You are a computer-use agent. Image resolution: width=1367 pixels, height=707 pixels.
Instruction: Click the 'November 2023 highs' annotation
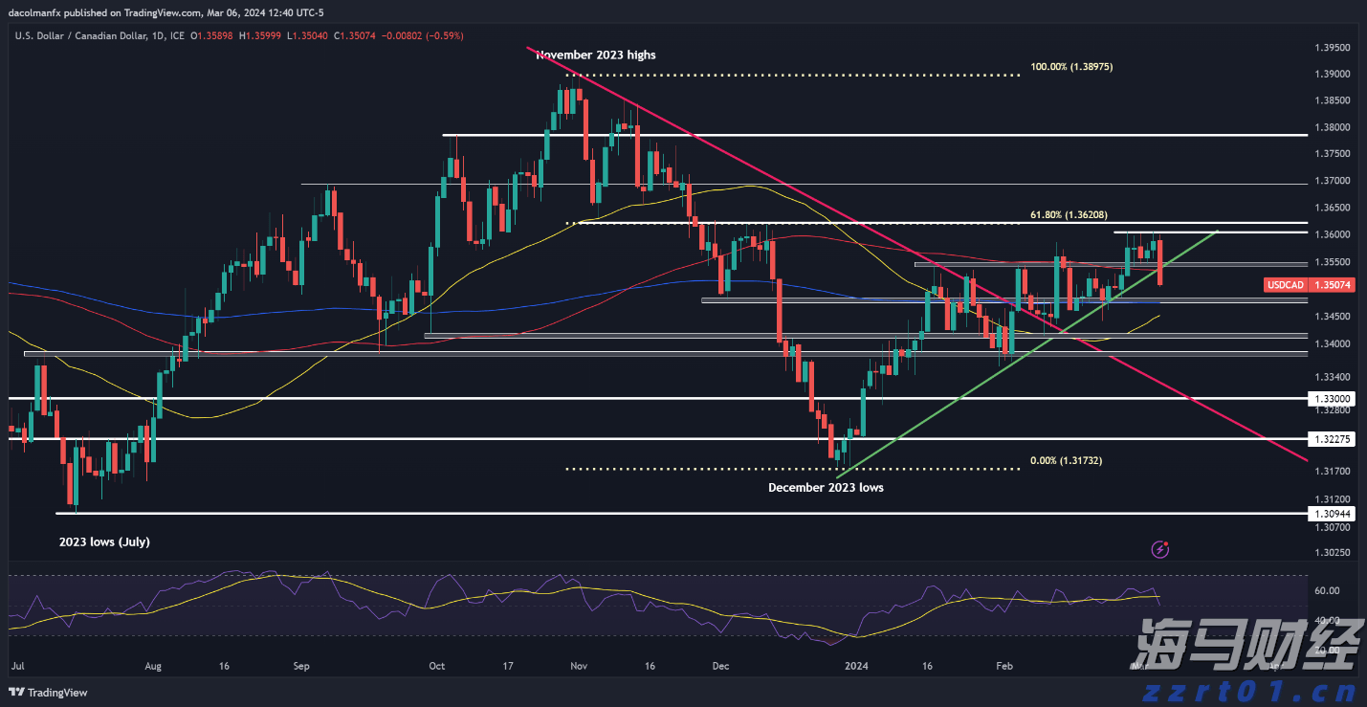click(596, 55)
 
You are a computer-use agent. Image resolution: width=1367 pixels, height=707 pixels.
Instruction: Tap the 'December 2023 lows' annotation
click(826, 487)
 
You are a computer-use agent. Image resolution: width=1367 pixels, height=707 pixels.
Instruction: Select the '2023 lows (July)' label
click(104, 541)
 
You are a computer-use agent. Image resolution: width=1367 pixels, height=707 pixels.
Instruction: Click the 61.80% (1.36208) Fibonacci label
click(1069, 215)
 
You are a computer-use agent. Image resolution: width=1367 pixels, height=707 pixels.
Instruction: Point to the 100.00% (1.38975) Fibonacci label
click(1071, 67)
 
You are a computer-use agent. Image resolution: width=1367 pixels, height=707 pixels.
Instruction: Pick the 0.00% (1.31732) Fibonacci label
click(1066, 460)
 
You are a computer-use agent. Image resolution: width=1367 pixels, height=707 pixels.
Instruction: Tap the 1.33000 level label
click(1333, 398)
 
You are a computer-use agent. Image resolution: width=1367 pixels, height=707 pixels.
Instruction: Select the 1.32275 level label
click(1333, 439)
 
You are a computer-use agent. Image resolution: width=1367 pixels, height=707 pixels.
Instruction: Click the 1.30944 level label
click(1333, 514)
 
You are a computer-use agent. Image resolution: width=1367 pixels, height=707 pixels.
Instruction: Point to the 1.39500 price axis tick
click(1333, 47)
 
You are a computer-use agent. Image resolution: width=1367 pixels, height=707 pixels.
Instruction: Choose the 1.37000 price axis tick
click(1333, 181)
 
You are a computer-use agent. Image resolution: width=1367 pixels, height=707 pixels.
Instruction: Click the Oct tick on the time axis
click(437, 664)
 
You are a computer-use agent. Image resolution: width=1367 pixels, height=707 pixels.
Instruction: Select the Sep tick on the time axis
click(301, 664)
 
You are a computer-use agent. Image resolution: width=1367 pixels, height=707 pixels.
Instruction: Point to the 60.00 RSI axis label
click(1326, 590)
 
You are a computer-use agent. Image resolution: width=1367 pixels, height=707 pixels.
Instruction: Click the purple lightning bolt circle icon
click(1160, 549)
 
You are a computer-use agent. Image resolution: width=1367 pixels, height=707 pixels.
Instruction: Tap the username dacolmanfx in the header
click(37, 12)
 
